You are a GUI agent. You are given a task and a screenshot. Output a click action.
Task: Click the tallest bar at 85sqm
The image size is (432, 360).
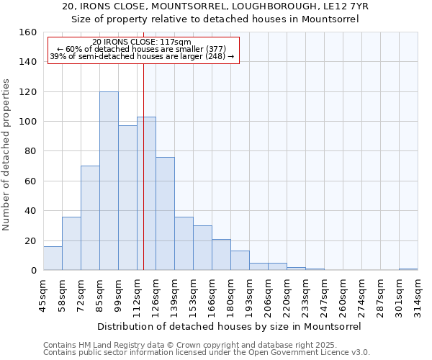click(x=109, y=181)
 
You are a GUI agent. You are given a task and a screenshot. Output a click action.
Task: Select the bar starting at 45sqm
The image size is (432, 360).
click(x=53, y=258)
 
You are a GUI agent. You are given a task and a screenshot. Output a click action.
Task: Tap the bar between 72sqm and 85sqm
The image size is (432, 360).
click(x=90, y=218)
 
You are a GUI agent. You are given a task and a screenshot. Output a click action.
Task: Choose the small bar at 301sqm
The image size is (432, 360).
click(x=408, y=269)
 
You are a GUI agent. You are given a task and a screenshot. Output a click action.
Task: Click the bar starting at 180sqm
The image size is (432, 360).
click(x=240, y=261)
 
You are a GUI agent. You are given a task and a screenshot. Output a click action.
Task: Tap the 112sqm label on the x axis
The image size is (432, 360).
click(x=138, y=294)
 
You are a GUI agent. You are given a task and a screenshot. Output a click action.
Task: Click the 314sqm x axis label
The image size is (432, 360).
click(x=418, y=294)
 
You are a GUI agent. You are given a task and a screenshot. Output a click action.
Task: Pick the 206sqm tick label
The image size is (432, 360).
click(x=269, y=294)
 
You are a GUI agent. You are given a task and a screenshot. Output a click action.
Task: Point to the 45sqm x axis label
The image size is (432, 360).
click(x=44, y=294)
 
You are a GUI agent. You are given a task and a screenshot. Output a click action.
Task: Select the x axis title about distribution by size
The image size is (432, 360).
click(x=228, y=326)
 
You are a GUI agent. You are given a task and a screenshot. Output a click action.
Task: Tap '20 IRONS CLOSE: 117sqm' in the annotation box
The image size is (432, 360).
click(x=143, y=42)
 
